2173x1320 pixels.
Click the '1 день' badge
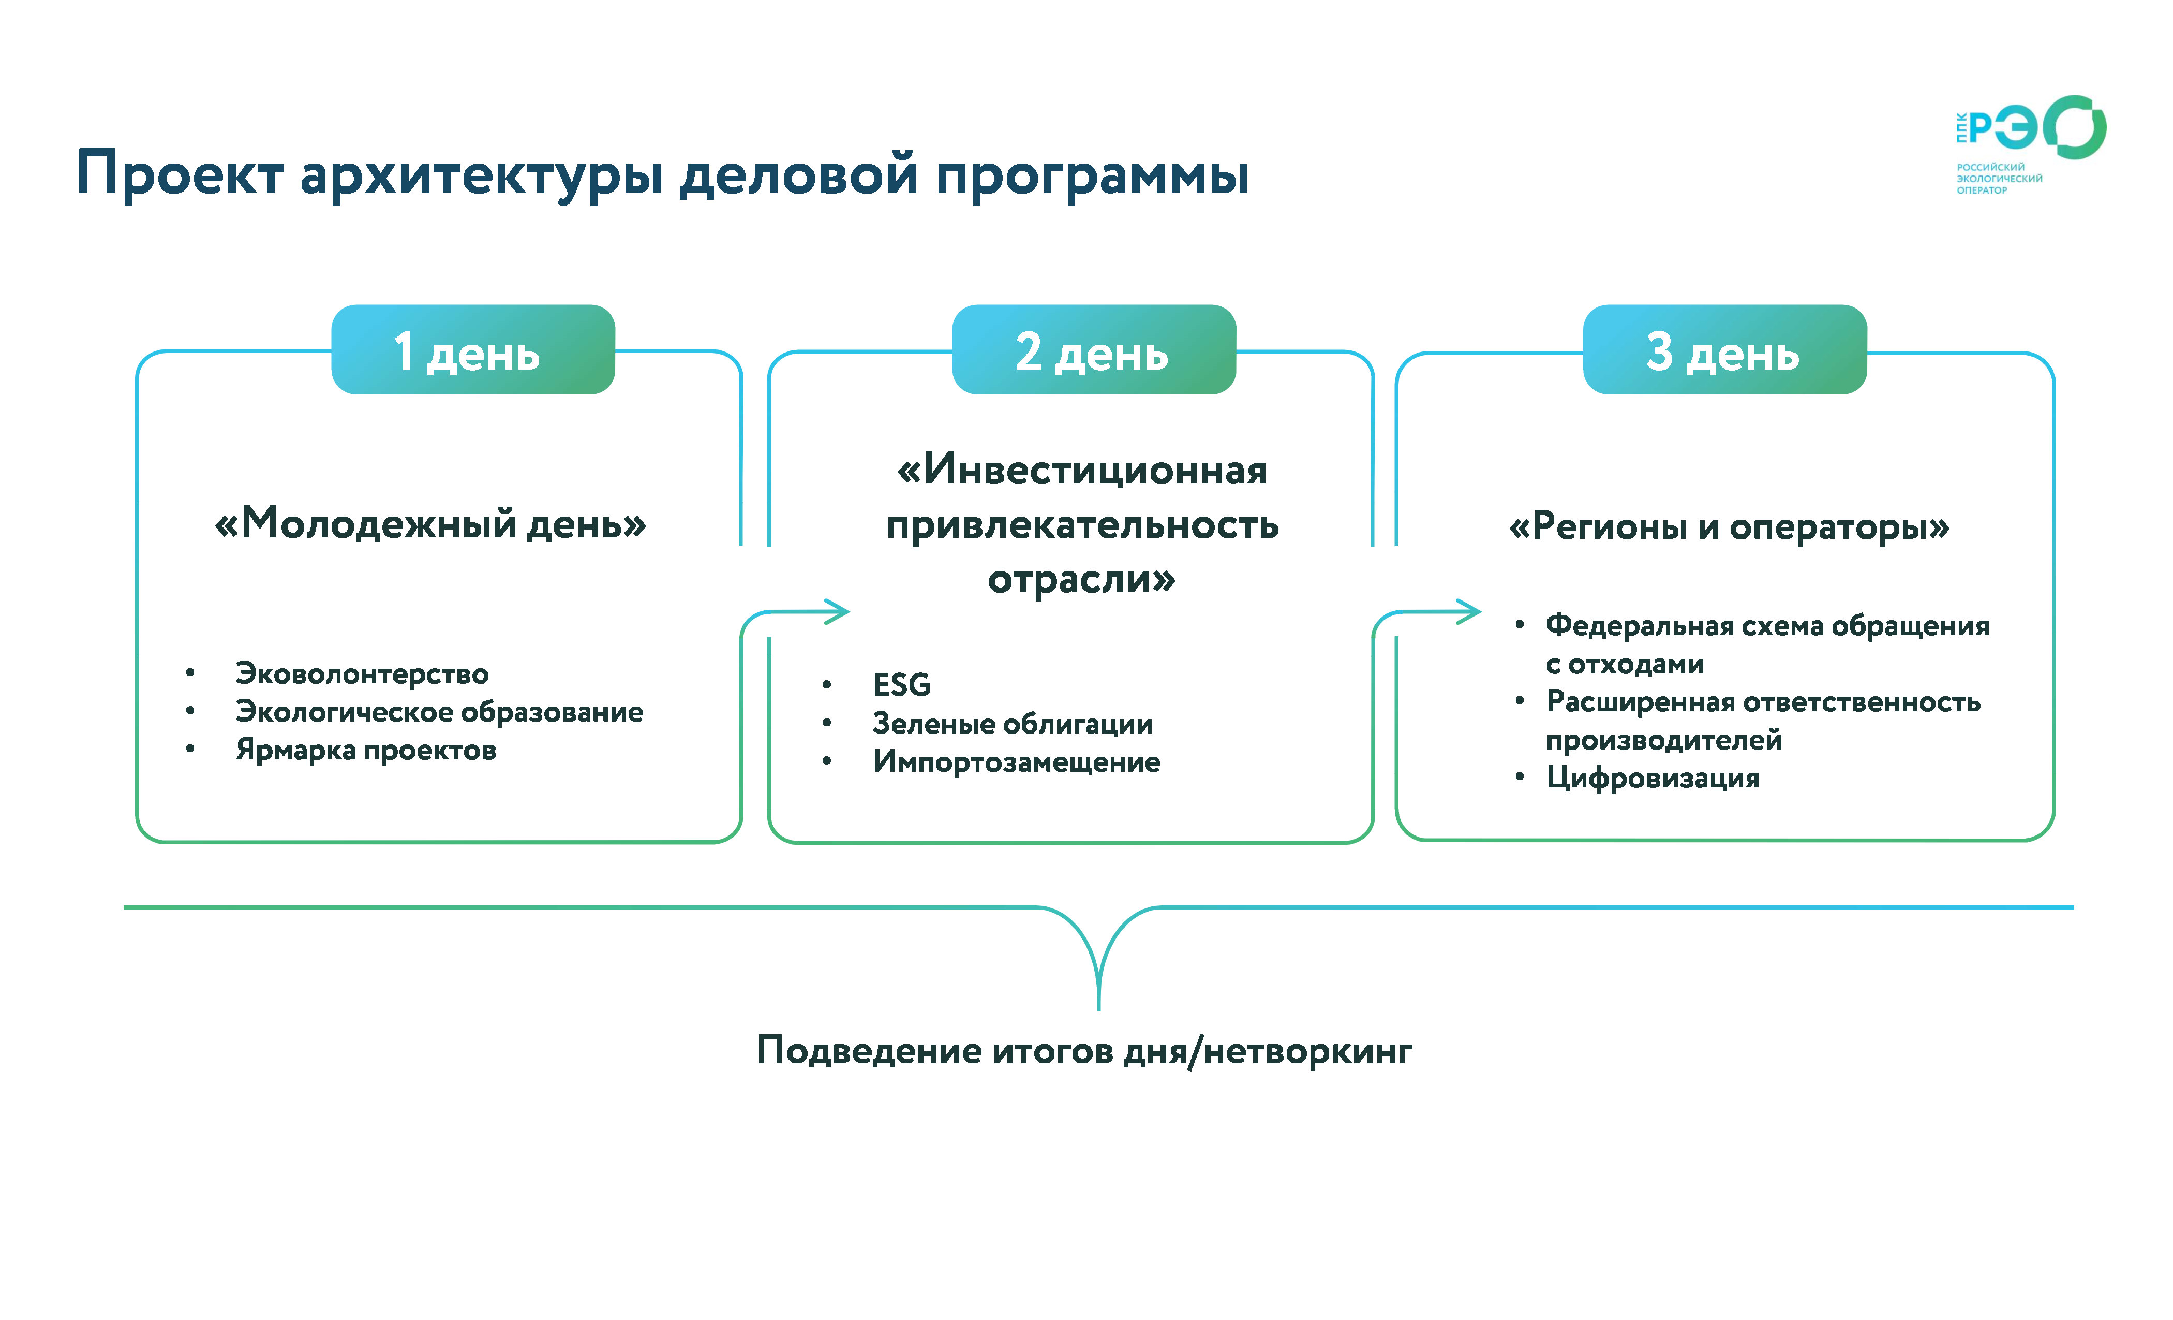coord(473,350)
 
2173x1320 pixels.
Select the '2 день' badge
coord(1094,350)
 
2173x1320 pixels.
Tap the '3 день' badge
coord(1724,350)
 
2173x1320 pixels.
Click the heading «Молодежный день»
coord(430,524)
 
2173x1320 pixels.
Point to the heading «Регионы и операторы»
coord(1729,527)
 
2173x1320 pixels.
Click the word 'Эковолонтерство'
coord(362,674)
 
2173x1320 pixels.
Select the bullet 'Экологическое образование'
coord(439,712)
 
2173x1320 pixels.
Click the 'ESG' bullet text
coord(901,685)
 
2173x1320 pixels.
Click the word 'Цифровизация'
coord(1653,778)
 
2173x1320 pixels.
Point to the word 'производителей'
coord(1663,740)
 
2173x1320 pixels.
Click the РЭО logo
coord(2028,141)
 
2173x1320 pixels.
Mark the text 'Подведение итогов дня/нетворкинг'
coord(1085,1051)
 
